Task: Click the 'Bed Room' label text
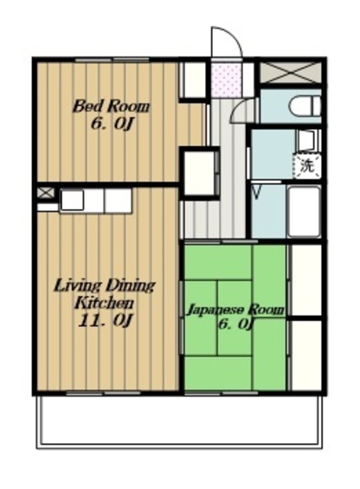(111, 107)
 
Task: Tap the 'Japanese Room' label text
(235, 310)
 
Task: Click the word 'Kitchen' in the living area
(105, 303)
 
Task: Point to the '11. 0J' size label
(106, 321)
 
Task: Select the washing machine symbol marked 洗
(307, 167)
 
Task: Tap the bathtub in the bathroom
(304, 212)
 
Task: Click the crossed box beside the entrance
(290, 73)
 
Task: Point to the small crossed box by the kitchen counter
(46, 193)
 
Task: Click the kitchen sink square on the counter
(72, 200)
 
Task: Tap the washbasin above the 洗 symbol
(306, 141)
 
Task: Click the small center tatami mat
(235, 318)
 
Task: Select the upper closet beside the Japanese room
(306, 280)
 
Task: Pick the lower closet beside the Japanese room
(306, 355)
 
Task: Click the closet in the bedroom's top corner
(193, 79)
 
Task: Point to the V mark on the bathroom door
(256, 193)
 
